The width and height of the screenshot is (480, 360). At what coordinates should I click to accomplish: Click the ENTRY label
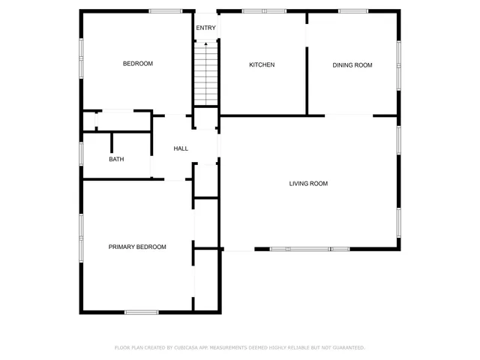click(x=205, y=28)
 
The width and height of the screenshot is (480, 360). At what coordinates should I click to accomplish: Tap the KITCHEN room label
click(x=262, y=65)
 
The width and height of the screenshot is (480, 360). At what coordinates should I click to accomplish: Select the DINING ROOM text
click(x=352, y=65)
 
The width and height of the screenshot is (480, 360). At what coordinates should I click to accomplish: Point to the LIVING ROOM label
click(x=308, y=184)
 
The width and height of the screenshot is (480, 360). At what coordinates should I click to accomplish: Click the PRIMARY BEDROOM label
click(x=137, y=247)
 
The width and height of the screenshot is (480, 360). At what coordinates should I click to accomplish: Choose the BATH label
click(x=116, y=159)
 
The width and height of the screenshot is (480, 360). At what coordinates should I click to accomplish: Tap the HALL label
click(x=181, y=148)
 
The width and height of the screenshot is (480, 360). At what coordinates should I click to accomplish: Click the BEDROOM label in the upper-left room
click(x=138, y=64)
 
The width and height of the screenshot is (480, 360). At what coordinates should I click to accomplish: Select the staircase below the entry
click(x=205, y=75)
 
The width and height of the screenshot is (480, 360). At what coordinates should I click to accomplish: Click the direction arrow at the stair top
click(x=205, y=45)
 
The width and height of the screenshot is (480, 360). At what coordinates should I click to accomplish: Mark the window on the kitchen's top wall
click(x=263, y=11)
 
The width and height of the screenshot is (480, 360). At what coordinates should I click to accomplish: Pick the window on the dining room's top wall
click(x=352, y=11)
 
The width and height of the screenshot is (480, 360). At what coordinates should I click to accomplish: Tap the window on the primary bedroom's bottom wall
click(x=141, y=312)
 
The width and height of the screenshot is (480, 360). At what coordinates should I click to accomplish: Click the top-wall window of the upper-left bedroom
click(x=165, y=11)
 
